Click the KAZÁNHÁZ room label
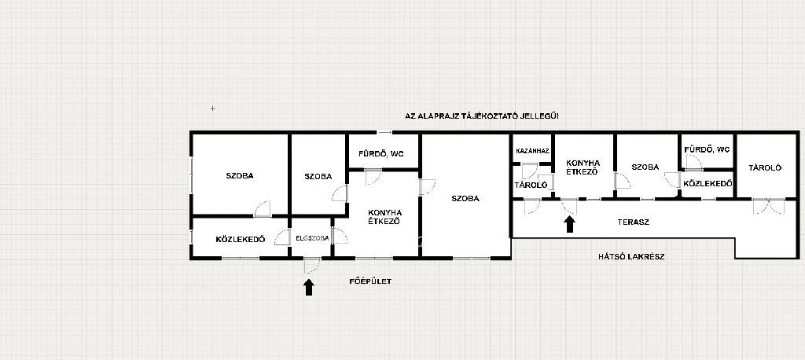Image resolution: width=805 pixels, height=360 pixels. pos(533,152)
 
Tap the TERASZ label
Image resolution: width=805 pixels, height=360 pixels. pos(633,222)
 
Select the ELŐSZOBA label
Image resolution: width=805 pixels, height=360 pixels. pos(312,238)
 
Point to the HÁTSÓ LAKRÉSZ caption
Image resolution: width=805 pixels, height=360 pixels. pos(631,257)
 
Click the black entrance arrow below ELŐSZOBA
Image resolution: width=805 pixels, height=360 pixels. pos(308,287)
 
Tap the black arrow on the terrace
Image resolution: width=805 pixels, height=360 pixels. pos(569,225)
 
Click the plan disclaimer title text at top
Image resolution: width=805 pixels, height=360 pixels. pos(482,116)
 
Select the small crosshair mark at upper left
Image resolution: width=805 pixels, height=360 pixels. pos(212,108)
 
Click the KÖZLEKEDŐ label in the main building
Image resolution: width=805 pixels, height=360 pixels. pos(241,239)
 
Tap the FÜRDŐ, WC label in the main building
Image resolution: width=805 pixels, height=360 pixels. pos(381,153)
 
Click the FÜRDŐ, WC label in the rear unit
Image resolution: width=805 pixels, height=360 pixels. pos(707,150)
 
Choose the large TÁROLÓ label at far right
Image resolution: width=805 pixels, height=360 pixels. pos(764,167)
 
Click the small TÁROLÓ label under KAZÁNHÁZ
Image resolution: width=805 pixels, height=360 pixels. pos(531,185)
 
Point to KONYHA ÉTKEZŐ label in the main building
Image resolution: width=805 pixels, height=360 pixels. pos(384,217)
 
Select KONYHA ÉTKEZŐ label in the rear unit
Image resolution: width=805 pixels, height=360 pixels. pos(583,167)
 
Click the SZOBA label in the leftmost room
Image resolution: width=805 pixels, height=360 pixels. pos(240,175)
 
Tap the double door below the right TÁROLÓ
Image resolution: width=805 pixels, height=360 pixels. pos(769,206)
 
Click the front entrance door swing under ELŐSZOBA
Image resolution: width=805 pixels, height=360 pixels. pos(311,266)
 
